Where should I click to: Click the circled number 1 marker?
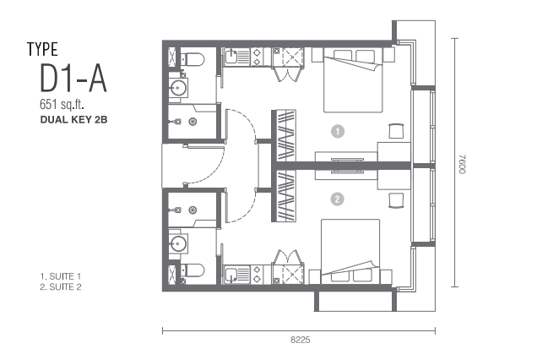click(338, 131)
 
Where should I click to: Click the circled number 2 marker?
click(338, 199)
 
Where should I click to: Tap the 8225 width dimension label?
click(301, 340)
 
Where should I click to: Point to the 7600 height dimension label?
click(463, 164)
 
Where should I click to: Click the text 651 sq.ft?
click(62, 104)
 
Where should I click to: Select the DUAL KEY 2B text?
click(74, 120)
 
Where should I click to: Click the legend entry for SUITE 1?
click(61, 276)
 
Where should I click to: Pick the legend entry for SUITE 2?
click(61, 287)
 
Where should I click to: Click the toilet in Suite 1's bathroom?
click(193, 59)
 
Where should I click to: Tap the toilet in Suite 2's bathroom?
click(193, 270)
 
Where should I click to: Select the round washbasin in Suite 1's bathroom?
click(178, 87)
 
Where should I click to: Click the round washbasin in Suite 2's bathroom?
click(178, 243)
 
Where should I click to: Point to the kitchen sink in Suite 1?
click(232, 57)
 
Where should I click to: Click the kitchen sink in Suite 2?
click(232, 275)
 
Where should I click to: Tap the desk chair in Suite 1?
click(396, 131)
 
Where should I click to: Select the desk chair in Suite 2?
click(396, 200)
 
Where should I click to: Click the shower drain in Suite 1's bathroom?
click(193, 122)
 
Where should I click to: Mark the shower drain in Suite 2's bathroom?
click(193, 210)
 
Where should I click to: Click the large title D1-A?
click(73, 79)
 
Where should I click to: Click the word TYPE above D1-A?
click(42, 49)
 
